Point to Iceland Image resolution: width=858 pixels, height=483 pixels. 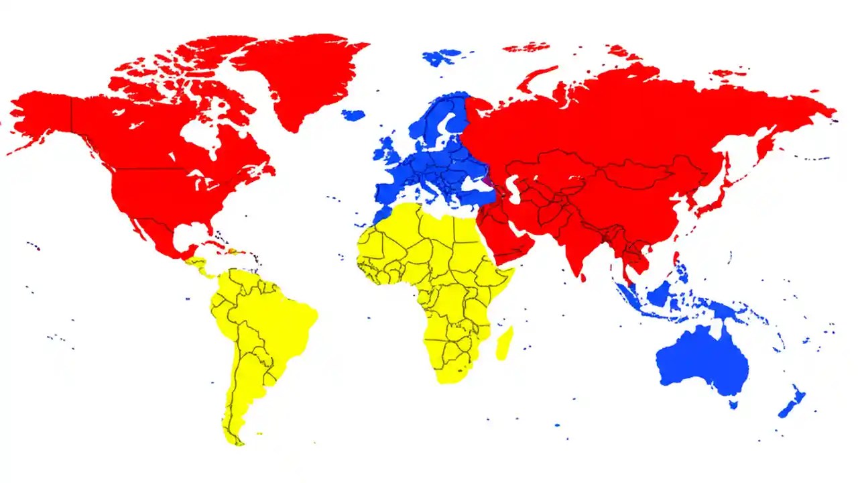click(353, 115)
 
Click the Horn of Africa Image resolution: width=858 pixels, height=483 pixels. click(506, 275)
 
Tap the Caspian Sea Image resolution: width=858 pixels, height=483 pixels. click(512, 189)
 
